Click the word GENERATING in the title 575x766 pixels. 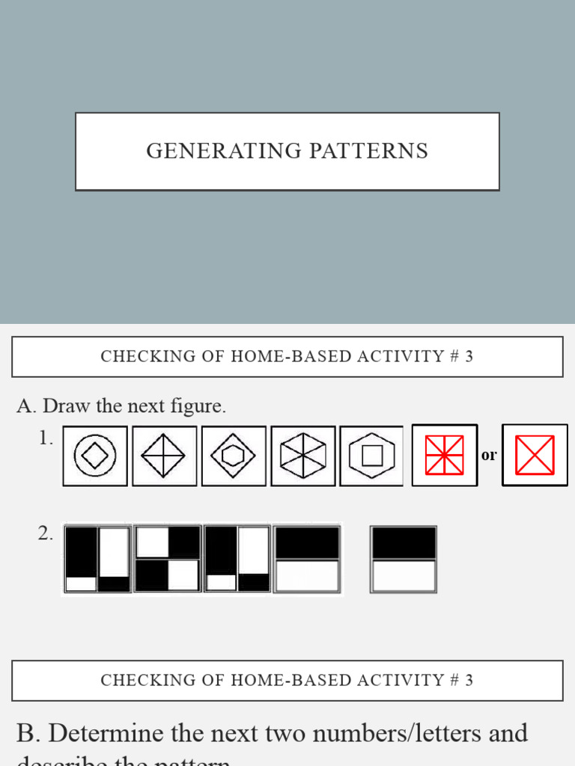(x=213, y=151)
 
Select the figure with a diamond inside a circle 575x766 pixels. (x=95, y=456)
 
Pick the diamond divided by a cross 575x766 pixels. (x=164, y=456)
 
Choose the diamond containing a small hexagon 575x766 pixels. (x=234, y=456)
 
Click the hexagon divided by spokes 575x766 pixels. (x=303, y=456)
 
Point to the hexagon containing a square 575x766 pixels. (x=371, y=456)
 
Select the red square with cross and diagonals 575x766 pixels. (x=444, y=455)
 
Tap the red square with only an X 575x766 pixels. (x=535, y=455)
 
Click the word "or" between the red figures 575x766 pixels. (x=489, y=455)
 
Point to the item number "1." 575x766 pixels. (x=46, y=438)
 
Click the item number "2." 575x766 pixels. (x=46, y=533)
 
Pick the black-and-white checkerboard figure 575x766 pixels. (x=168, y=559)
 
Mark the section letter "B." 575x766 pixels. (x=28, y=733)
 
